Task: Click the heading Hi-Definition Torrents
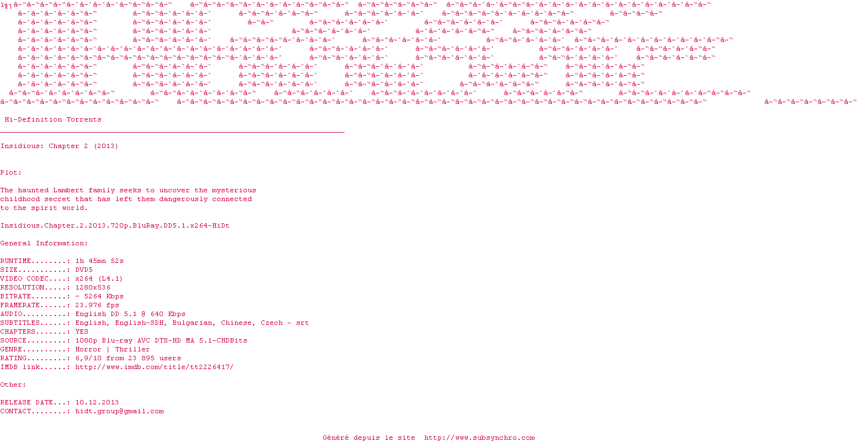point(53,119)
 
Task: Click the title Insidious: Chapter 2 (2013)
point(59,146)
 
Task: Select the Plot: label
point(11,172)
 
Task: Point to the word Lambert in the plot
point(68,190)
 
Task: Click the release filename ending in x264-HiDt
point(115,225)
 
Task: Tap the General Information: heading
point(44,243)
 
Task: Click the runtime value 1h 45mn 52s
point(99,261)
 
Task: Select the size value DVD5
point(84,270)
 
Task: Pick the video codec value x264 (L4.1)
point(99,278)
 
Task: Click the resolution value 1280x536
point(93,287)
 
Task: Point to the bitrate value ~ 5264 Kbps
point(99,296)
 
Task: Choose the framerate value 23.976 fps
point(97,305)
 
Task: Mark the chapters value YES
point(82,331)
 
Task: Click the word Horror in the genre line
point(88,349)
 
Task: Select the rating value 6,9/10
point(88,358)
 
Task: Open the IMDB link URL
point(155,367)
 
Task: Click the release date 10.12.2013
point(97,402)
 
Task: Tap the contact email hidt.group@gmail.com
point(119,411)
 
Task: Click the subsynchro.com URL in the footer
point(479,438)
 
